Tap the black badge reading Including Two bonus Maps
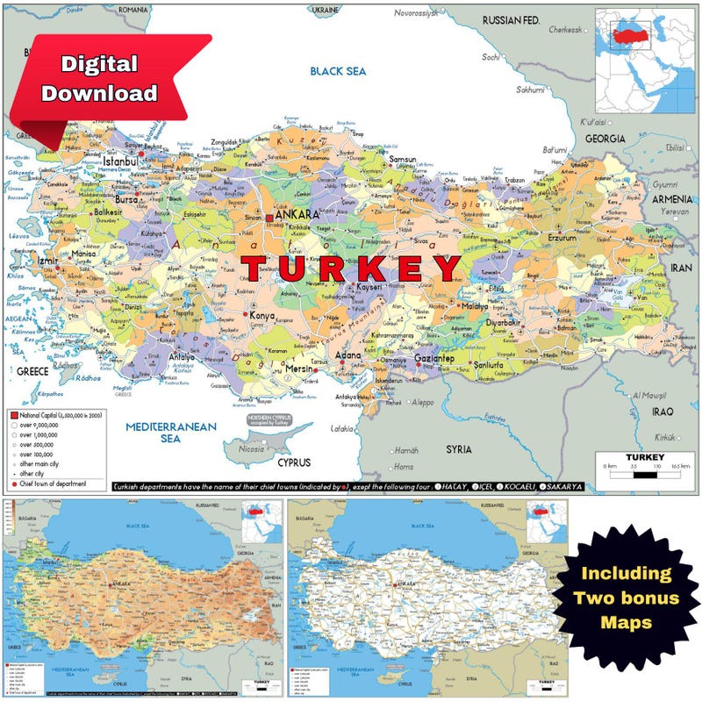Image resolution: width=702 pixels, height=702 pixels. (627, 598)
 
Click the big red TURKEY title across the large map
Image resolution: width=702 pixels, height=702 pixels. (351, 269)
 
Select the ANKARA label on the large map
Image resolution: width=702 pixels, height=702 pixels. (297, 214)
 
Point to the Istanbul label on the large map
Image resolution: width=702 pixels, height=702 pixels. (121, 161)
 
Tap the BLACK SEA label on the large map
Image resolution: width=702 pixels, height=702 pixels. (339, 70)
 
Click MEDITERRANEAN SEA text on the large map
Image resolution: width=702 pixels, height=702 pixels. (159, 432)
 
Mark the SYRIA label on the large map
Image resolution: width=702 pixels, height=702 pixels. (458, 448)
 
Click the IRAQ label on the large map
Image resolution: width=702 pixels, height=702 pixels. (663, 411)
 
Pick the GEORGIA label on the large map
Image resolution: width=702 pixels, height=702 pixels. (605, 139)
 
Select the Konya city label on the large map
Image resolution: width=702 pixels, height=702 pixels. (262, 316)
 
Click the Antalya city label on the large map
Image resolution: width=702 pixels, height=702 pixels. (181, 357)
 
